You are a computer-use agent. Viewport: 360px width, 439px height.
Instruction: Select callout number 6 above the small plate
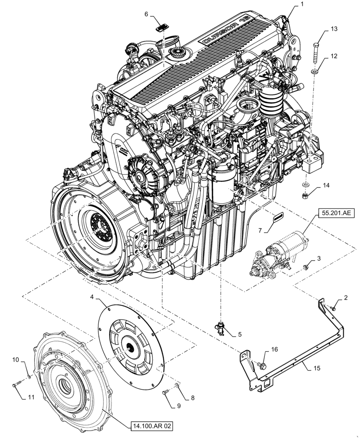[x=146, y=14]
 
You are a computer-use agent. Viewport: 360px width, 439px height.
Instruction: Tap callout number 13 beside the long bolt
[x=334, y=29]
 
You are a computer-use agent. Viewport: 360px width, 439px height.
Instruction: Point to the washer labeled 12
[x=315, y=71]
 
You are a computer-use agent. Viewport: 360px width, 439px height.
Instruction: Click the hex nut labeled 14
[x=306, y=194]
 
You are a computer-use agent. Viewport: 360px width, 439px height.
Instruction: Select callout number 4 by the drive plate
[x=92, y=297]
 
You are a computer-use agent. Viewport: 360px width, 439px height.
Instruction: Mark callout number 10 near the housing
[x=15, y=360]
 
